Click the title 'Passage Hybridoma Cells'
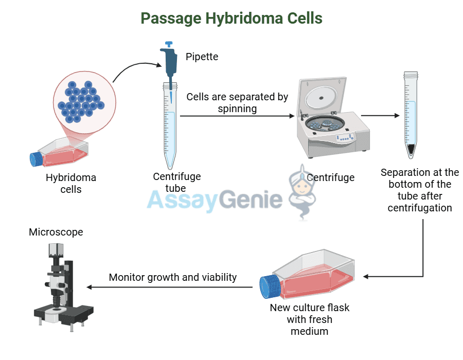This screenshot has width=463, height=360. (x=232, y=18)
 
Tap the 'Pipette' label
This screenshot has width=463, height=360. (x=202, y=57)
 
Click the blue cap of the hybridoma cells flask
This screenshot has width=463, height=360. (x=37, y=159)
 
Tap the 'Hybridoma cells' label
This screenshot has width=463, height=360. (x=71, y=184)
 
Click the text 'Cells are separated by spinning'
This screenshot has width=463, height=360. (x=237, y=102)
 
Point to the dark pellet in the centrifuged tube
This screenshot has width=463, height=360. (x=411, y=150)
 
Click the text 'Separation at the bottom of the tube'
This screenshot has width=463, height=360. (x=420, y=190)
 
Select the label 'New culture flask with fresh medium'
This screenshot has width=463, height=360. (x=310, y=319)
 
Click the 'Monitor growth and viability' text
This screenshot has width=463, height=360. (x=173, y=277)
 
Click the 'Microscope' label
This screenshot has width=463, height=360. (x=56, y=232)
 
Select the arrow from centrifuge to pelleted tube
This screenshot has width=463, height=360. (x=380, y=116)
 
